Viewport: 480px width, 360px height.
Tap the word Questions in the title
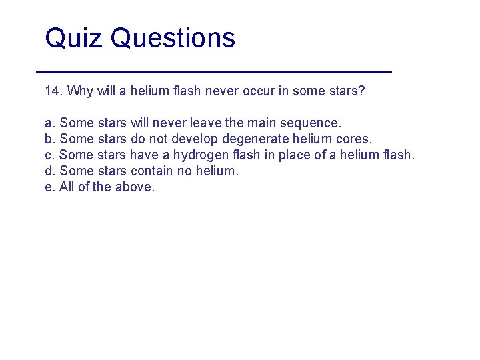(173, 39)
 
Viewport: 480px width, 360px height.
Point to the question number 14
(53, 91)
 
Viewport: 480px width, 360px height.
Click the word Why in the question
(80, 91)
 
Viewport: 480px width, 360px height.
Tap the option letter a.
(49, 123)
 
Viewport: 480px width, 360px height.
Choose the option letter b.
(49, 139)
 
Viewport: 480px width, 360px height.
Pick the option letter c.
(49, 155)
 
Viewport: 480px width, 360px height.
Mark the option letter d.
(49, 171)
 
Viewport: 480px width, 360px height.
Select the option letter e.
(49, 187)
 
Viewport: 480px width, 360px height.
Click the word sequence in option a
(312, 123)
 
